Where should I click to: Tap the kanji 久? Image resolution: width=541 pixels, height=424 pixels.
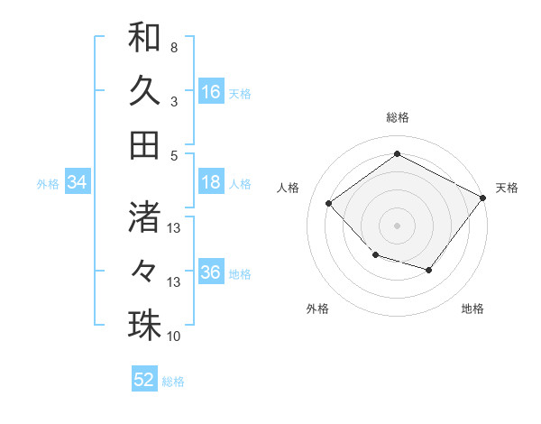click(144, 90)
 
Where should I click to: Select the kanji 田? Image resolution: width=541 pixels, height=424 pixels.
click(144, 144)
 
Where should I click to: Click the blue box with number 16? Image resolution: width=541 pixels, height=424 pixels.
click(211, 92)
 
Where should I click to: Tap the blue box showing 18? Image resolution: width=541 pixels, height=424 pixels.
click(211, 183)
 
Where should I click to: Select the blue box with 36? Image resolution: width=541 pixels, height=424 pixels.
click(211, 273)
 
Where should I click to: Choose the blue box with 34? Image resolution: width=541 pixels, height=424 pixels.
click(78, 183)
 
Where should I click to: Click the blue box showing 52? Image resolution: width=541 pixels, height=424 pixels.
click(144, 380)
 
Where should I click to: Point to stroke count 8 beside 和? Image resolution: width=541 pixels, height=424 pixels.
click(174, 47)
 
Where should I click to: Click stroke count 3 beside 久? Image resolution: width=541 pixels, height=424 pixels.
click(174, 102)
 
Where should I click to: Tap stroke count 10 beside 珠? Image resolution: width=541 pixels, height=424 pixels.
click(174, 336)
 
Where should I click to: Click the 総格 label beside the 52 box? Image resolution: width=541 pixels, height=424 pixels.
click(173, 382)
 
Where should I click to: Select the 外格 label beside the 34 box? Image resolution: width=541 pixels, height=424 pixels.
click(48, 184)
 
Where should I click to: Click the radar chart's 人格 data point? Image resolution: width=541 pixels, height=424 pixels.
click(329, 204)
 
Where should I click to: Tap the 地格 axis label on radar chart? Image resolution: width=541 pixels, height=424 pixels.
click(472, 309)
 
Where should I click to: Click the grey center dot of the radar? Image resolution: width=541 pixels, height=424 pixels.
click(397, 225)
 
